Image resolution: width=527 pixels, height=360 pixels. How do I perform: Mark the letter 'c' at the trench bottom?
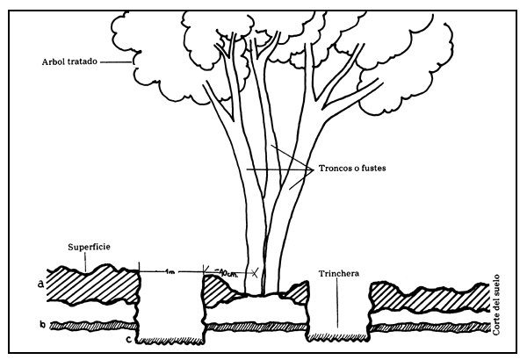(x=128, y=339)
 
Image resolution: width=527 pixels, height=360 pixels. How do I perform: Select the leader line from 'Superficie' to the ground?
(x=84, y=261)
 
